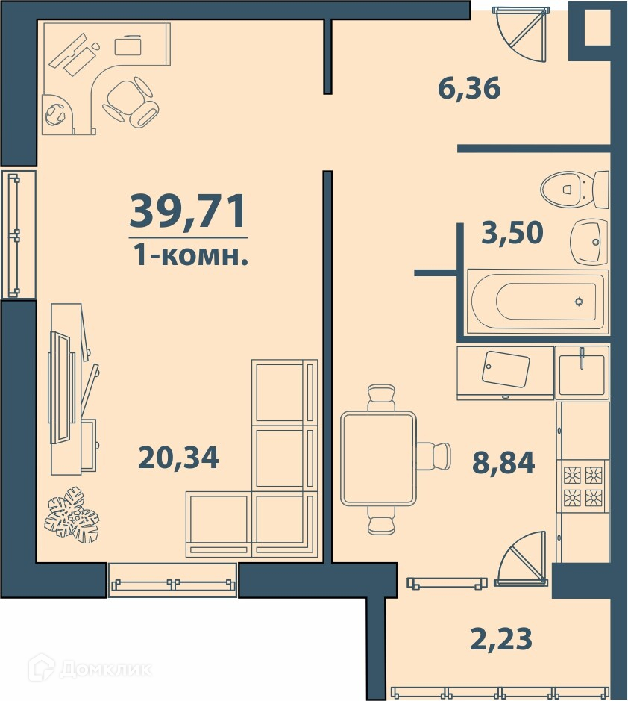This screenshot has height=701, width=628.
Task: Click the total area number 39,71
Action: (188, 211)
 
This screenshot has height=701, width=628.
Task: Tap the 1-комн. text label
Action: (191, 256)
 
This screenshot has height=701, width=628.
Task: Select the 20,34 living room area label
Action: (178, 458)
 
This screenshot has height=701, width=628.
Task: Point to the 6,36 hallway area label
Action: (469, 88)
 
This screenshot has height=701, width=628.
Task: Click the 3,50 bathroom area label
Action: (512, 233)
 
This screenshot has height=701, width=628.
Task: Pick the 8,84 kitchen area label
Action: (503, 463)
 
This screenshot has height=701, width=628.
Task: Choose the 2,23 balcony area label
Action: (501, 638)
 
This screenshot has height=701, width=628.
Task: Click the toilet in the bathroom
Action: (575, 190)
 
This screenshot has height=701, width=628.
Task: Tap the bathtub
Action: (537, 302)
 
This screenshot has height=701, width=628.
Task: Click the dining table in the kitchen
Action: (378, 458)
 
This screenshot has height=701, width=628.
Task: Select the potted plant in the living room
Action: (72, 514)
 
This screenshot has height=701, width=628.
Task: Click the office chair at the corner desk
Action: (131, 101)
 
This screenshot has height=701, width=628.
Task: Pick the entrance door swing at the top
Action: (521, 34)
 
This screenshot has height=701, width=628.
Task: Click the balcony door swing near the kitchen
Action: (521, 558)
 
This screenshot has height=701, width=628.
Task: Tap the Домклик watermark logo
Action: (90, 669)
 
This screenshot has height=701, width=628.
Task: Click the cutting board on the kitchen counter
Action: (506, 370)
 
